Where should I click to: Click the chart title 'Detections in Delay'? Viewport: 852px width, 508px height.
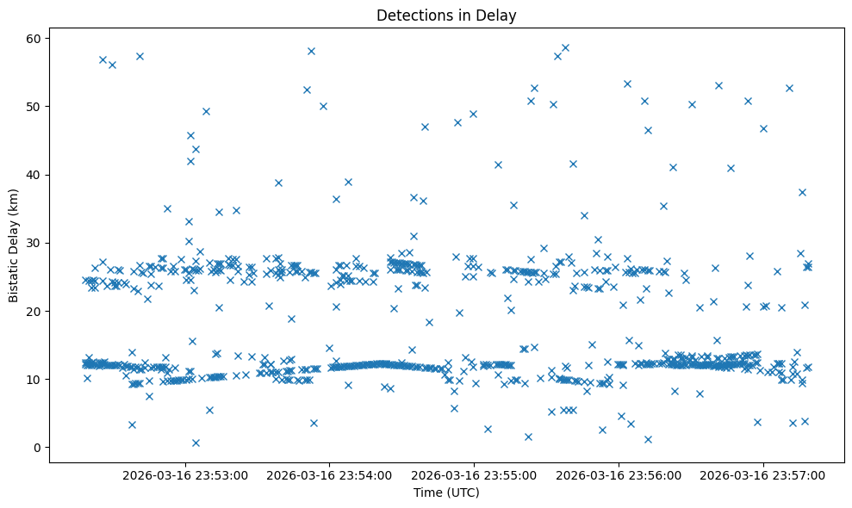(x=446, y=15)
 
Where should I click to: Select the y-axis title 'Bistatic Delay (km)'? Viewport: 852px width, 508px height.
(x=14, y=245)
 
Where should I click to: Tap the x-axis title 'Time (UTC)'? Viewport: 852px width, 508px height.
(x=446, y=493)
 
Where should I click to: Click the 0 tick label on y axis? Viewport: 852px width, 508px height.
(x=36, y=447)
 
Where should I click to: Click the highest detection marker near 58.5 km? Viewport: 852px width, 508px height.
(x=565, y=48)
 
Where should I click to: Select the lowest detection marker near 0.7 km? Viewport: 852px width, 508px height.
(x=196, y=443)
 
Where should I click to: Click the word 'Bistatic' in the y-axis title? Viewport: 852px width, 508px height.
(x=14, y=276)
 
